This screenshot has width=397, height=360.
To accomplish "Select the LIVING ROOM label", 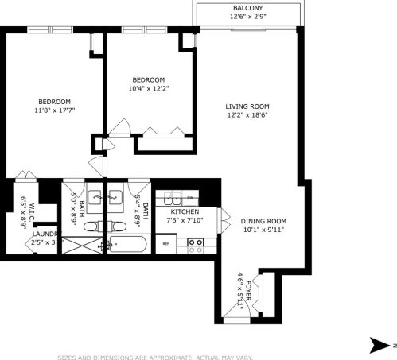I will (x=247, y=106).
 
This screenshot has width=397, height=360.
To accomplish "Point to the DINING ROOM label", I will (x=263, y=221).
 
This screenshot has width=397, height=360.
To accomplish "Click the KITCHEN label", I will (x=184, y=212).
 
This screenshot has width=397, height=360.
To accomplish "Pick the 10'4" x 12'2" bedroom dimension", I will (x=148, y=89).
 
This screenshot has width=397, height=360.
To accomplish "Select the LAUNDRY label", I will (x=45, y=234).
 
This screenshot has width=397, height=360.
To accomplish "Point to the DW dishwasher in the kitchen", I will (x=190, y=196).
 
